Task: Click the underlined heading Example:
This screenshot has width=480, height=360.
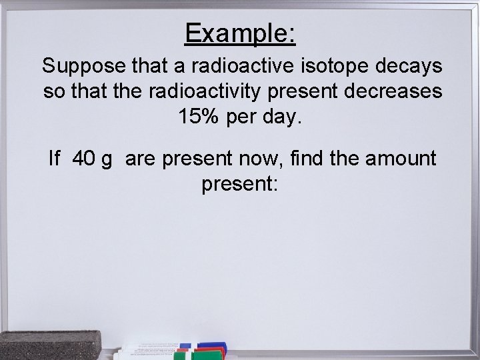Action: point(240,33)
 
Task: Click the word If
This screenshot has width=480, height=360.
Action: point(55,159)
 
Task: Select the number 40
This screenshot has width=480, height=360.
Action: point(83,159)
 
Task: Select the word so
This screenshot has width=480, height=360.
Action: point(53,93)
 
